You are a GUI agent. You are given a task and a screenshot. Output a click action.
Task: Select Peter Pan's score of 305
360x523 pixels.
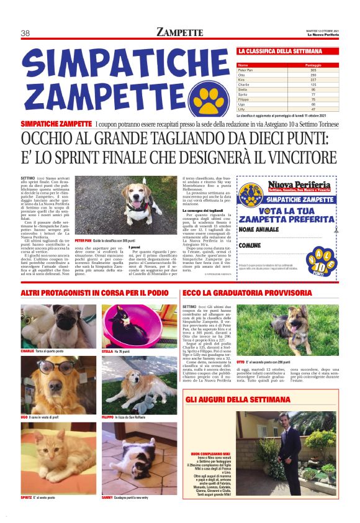coord(295,70)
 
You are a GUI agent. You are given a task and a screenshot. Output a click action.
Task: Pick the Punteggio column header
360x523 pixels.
coord(295,65)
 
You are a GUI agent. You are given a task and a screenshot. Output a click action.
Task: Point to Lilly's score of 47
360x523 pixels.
coord(295,109)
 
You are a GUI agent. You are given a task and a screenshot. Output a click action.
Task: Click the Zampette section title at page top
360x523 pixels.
coord(180,32)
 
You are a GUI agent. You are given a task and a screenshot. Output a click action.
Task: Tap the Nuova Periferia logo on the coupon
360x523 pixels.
coord(299,186)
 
